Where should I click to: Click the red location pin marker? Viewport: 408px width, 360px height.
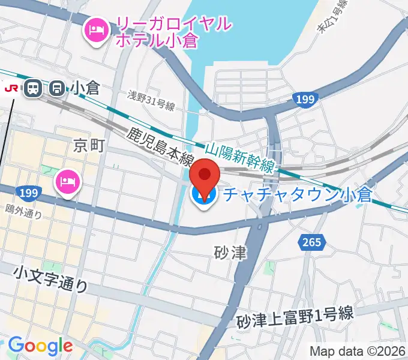pos(204,176)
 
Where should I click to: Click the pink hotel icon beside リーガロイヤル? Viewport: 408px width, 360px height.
pos(97,29)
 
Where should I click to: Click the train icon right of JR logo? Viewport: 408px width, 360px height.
pos(32,89)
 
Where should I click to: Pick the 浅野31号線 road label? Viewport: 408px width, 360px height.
pos(151,102)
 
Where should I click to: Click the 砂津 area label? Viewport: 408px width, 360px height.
pos(231,253)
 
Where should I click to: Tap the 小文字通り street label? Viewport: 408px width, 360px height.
pos(51,280)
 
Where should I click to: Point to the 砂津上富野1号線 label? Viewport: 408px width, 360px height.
pos(295,316)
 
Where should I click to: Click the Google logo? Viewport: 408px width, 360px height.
pos(40,346)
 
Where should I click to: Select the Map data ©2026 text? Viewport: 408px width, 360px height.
pos(358,351)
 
